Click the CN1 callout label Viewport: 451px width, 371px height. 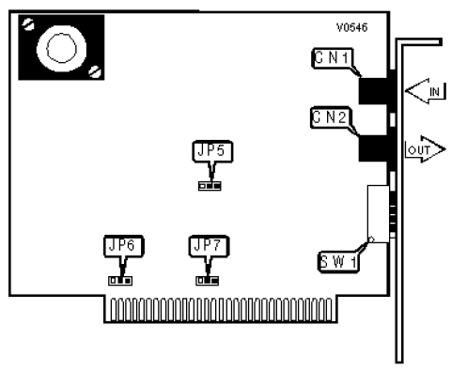[333, 58]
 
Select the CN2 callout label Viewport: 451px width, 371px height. [331, 117]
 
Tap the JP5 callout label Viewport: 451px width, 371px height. [212, 151]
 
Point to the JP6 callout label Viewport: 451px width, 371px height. [124, 246]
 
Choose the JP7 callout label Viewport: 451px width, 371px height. [209, 246]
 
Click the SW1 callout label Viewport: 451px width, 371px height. [338, 262]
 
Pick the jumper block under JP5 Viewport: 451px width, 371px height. [210, 186]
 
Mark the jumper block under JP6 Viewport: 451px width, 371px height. [120, 281]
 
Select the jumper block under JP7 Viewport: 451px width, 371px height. [207, 281]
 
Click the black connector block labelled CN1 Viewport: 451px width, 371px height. [377, 91]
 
